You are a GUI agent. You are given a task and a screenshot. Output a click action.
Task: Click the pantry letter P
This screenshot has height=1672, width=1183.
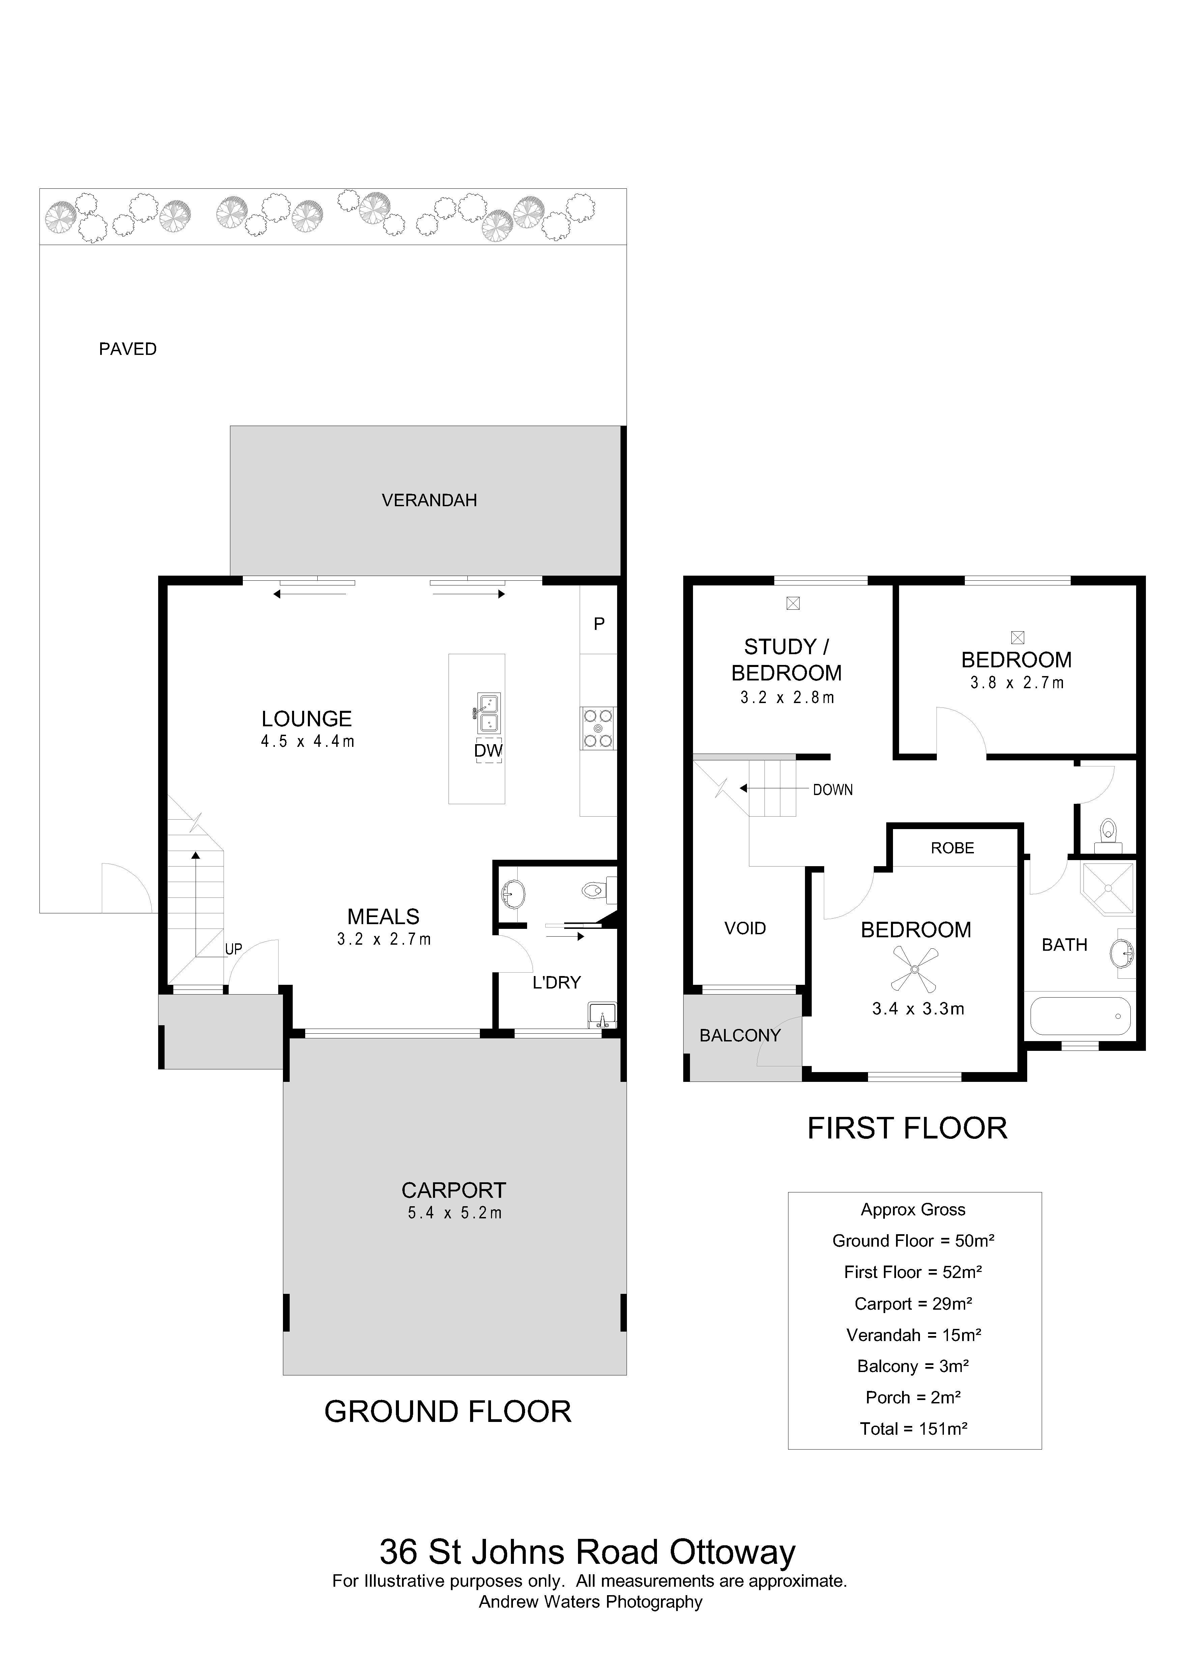[600, 624]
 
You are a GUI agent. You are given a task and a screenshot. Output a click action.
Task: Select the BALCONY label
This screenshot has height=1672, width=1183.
[740, 1036]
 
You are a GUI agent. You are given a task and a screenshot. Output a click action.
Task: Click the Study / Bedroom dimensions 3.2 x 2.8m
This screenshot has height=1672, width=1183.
[787, 698]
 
